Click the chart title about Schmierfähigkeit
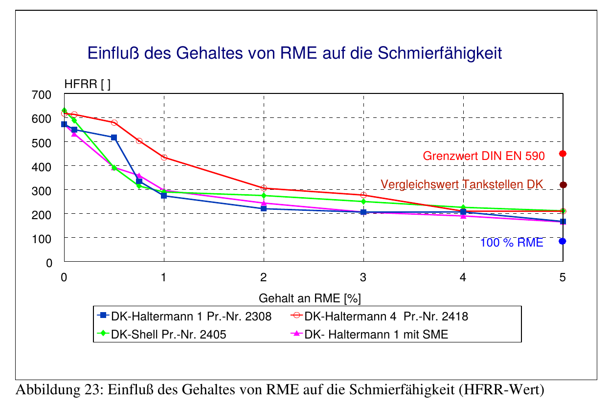coord(294,53)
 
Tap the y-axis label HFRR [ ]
coord(88,85)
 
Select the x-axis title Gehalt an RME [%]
coord(309,298)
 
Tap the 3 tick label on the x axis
coord(363,277)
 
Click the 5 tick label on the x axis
coord(563,277)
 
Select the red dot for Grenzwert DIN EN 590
coord(563,154)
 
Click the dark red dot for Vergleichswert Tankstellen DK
coord(563,185)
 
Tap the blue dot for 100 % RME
coord(563,241)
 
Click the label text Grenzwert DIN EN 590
coord(483,157)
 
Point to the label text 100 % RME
coord(512,243)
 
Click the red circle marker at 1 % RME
coord(164,158)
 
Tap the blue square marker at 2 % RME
coord(264,209)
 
